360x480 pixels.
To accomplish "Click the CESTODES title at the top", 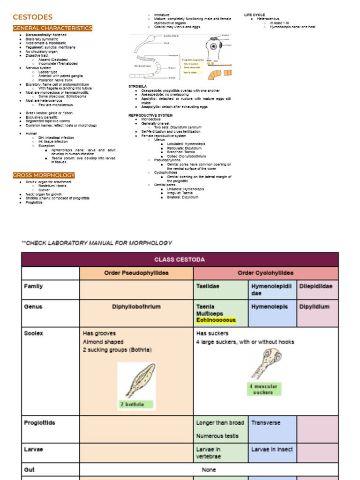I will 32,17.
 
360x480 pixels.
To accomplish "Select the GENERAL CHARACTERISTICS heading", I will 52,28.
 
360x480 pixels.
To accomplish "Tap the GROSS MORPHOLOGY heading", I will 44,175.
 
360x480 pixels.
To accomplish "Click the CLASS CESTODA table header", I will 180,260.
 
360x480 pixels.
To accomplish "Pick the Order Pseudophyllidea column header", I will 136,273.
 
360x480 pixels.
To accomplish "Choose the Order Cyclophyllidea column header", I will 265,273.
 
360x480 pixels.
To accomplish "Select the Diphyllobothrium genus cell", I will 136,307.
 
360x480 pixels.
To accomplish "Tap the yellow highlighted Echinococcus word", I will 216,320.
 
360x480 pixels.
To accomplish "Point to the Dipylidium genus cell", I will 314,307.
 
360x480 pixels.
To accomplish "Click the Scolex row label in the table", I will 33,333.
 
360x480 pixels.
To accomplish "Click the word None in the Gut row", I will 209,469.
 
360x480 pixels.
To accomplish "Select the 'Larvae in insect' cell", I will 271,449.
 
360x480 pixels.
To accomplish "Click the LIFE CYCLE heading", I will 255,15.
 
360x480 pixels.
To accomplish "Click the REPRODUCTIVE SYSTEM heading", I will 150,115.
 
